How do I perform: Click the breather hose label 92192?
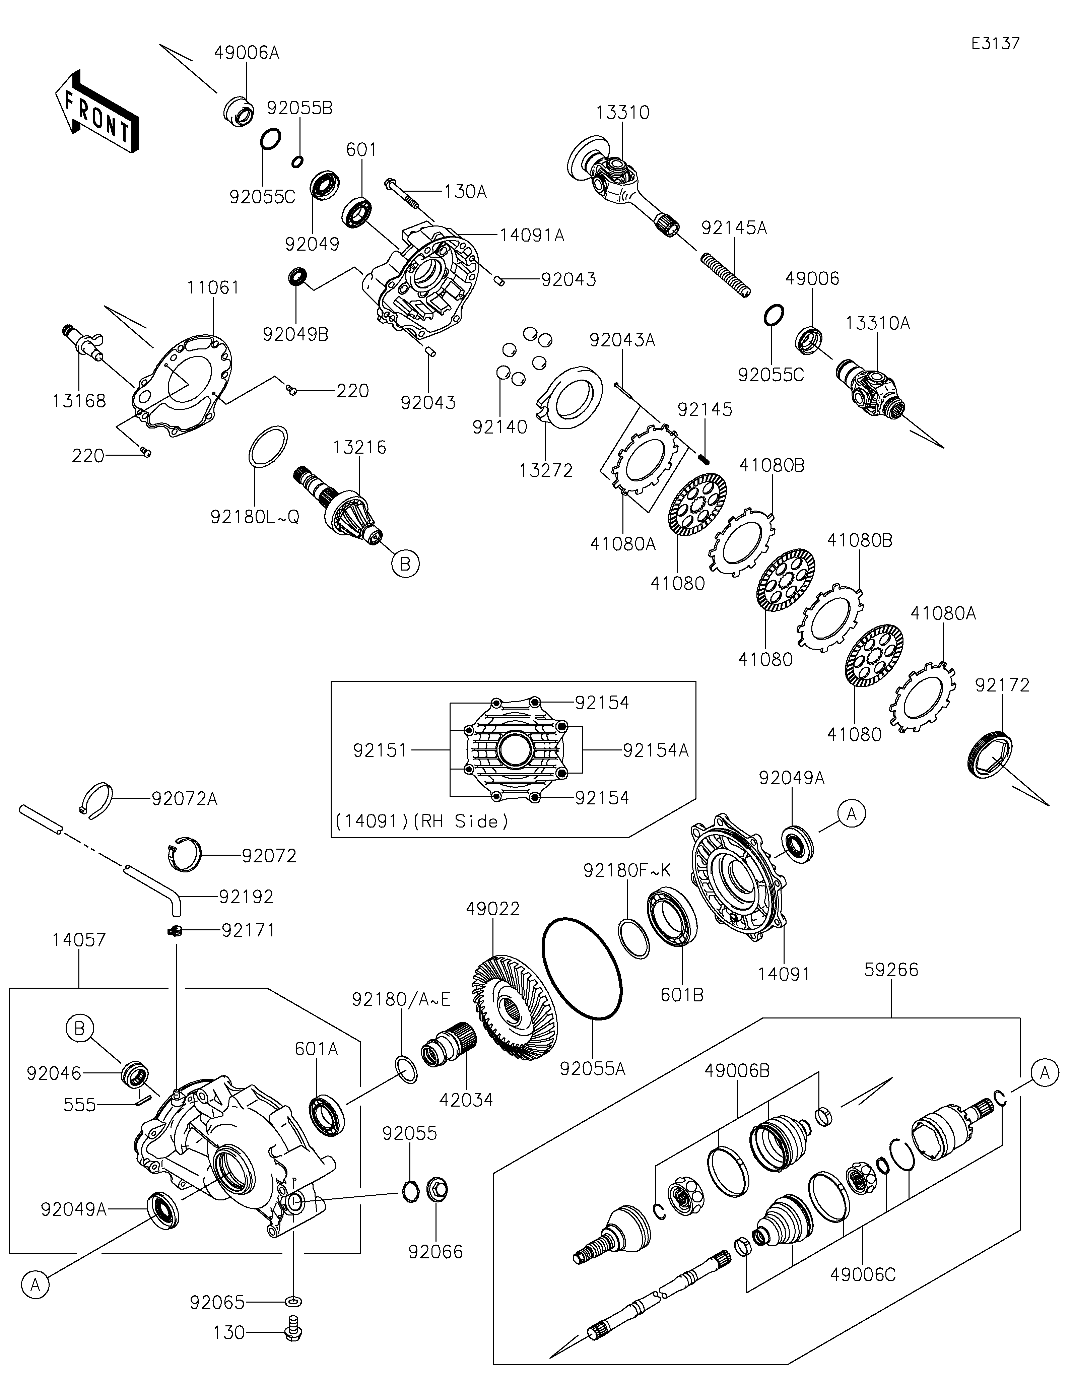[246, 897]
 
